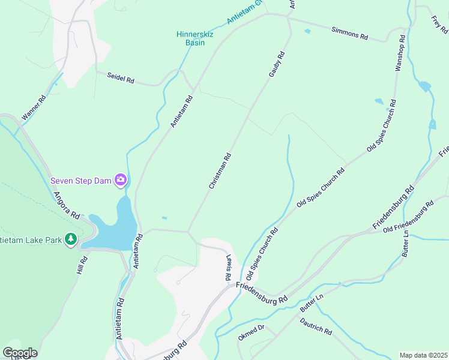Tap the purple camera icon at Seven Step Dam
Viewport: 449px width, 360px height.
click(121, 179)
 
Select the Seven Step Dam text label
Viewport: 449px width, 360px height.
click(80, 180)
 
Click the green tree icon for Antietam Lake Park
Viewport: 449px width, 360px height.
click(71, 240)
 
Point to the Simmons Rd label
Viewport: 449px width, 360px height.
click(349, 32)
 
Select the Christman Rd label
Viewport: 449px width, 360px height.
click(220, 172)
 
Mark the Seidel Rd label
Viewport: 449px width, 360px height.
click(121, 78)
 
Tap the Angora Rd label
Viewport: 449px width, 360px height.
click(67, 205)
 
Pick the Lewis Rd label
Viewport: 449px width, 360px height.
click(229, 270)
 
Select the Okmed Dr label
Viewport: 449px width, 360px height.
click(252, 333)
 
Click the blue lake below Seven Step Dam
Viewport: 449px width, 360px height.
click(120, 225)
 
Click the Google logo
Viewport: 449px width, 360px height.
click(20, 353)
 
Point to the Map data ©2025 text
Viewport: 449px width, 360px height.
click(423, 355)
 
